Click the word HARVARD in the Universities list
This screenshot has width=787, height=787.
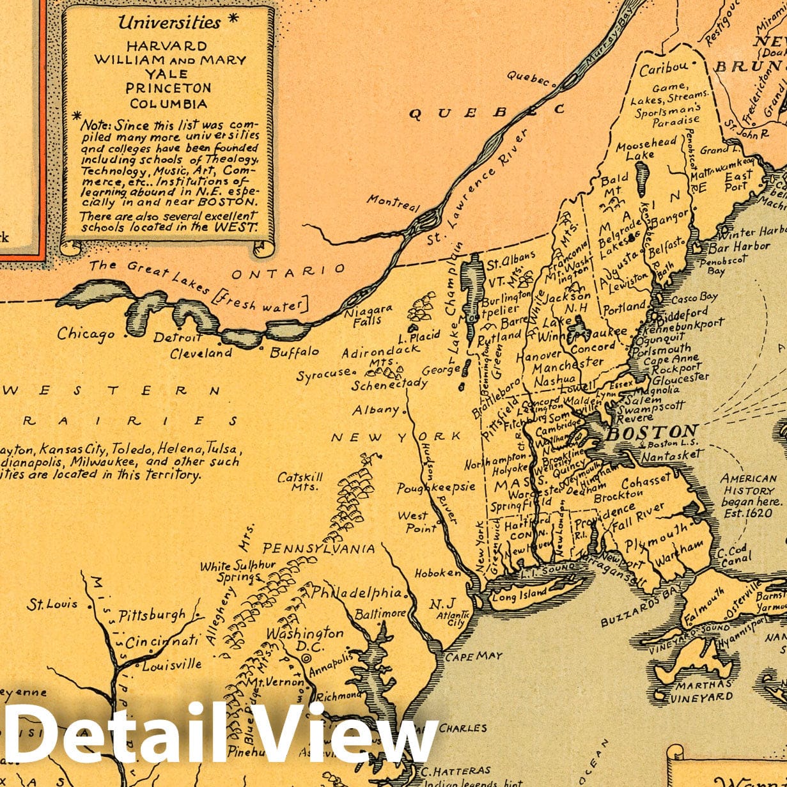pyautogui.click(x=166, y=46)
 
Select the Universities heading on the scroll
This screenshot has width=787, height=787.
pyautogui.click(x=169, y=22)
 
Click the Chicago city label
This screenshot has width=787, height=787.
pyautogui.click(x=86, y=334)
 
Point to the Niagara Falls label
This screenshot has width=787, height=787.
pyautogui.click(x=368, y=315)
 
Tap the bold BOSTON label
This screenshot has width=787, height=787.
pyautogui.click(x=651, y=433)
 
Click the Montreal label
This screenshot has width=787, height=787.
pyautogui.click(x=393, y=203)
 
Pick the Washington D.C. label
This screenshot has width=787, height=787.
pyautogui.click(x=305, y=641)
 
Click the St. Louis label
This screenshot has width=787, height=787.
pyautogui.click(x=52, y=604)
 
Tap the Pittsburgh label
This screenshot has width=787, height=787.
pyautogui.click(x=152, y=616)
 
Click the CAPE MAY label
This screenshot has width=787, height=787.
pyautogui.click(x=474, y=657)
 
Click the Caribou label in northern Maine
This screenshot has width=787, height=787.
pyautogui.click(x=664, y=67)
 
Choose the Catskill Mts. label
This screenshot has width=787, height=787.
pyautogui.click(x=300, y=481)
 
